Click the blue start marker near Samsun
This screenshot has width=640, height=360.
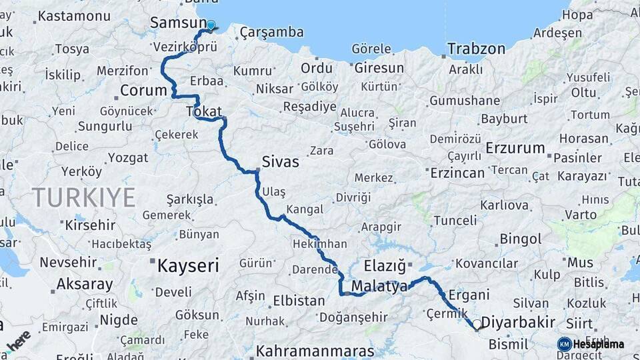click(x=211, y=26)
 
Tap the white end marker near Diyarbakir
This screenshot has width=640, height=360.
click(x=477, y=325)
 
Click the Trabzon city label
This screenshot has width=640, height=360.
click(x=476, y=49)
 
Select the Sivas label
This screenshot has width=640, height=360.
click(x=280, y=161)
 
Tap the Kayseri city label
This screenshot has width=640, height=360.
click(x=188, y=266)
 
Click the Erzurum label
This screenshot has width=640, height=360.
click(x=515, y=148)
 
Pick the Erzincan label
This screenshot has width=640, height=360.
click(x=457, y=173)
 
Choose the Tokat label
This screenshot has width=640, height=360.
click(x=204, y=111)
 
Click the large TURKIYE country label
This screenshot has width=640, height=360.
click(x=83, y=197)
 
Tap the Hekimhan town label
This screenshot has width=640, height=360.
click(x=320, y=245)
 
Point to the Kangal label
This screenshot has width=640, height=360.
click(x=304, y=209)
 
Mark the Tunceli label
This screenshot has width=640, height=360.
click(x=455, y=220)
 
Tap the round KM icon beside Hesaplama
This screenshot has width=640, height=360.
click(x=565, y=344)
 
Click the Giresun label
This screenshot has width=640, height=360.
click(x=379, y=68)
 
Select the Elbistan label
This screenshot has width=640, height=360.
click(x=299, y=301)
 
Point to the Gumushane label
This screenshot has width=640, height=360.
click(x=465, y=101)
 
